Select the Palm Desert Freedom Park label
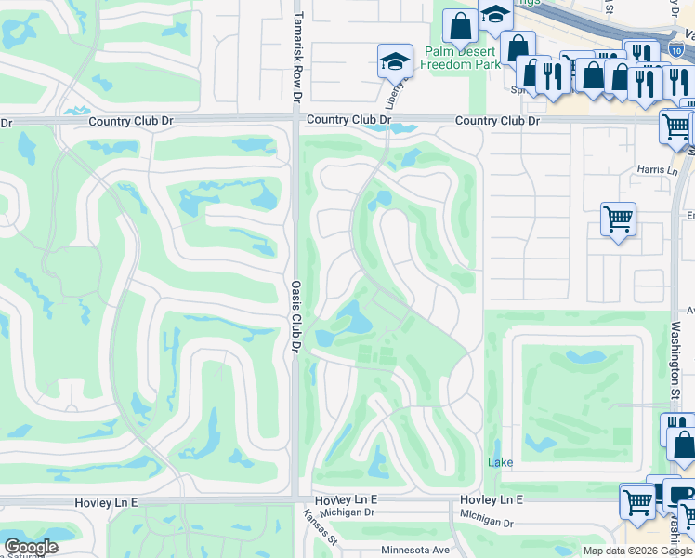pyautogui.click(x=460, y=58)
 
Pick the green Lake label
pyautogui.click(x=501, y=462)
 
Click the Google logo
pyautogui.click(x=31, y=547)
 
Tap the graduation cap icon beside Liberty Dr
pyautogui.click(x=395, y=60)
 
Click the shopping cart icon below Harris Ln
pyautogui.click(x=618, y=219)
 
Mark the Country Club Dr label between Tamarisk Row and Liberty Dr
pyautogui.click(x=348, y=120)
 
